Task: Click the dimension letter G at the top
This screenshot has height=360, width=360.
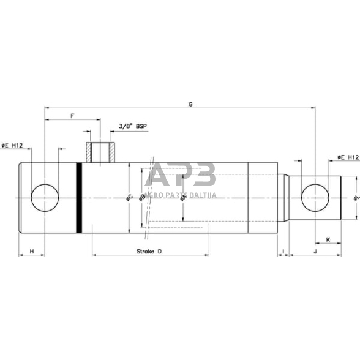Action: pyautogui.click(x=190, y=105)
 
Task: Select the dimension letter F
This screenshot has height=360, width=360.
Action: pyautogui.click(x=73, y=116)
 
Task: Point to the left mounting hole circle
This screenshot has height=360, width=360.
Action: pyautogui.click(x=44, y=198)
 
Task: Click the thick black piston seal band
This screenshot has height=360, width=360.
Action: pyautogui.click(x=79, y=198)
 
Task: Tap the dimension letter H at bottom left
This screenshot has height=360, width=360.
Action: pyautogui.click(x=32, y=251)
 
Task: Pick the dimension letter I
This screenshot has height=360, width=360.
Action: pyautogui.click(x=283, y=251)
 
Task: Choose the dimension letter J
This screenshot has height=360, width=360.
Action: pyautogui.click(x=315, y=251)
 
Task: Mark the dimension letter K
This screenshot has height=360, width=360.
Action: pyautogui.click(x=328, y=239)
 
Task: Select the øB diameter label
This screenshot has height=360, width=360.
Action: pyautogui.click(x=143, y=197)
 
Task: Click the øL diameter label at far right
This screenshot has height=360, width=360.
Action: pyautogui.click(x=355, y=197)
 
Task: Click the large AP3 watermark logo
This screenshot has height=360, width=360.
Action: pyautogui.click(x=182, y=176)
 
